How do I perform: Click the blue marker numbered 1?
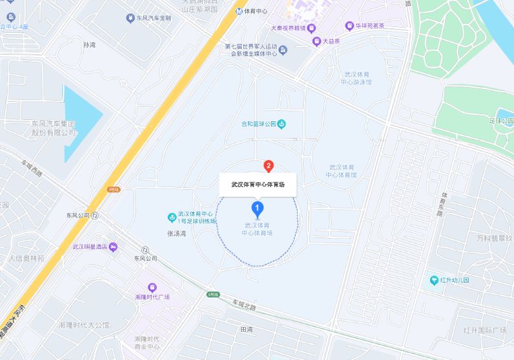coord(257,209)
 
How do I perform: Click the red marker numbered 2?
coord(268,165)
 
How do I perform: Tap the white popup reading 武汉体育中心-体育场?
coord(258,184)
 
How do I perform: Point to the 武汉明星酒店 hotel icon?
coord(114,246)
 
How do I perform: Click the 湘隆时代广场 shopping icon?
coord(152,287)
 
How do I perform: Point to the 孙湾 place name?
coord(89,45)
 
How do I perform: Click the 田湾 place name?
coord(246,329)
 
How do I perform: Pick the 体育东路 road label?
coord(444,204)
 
